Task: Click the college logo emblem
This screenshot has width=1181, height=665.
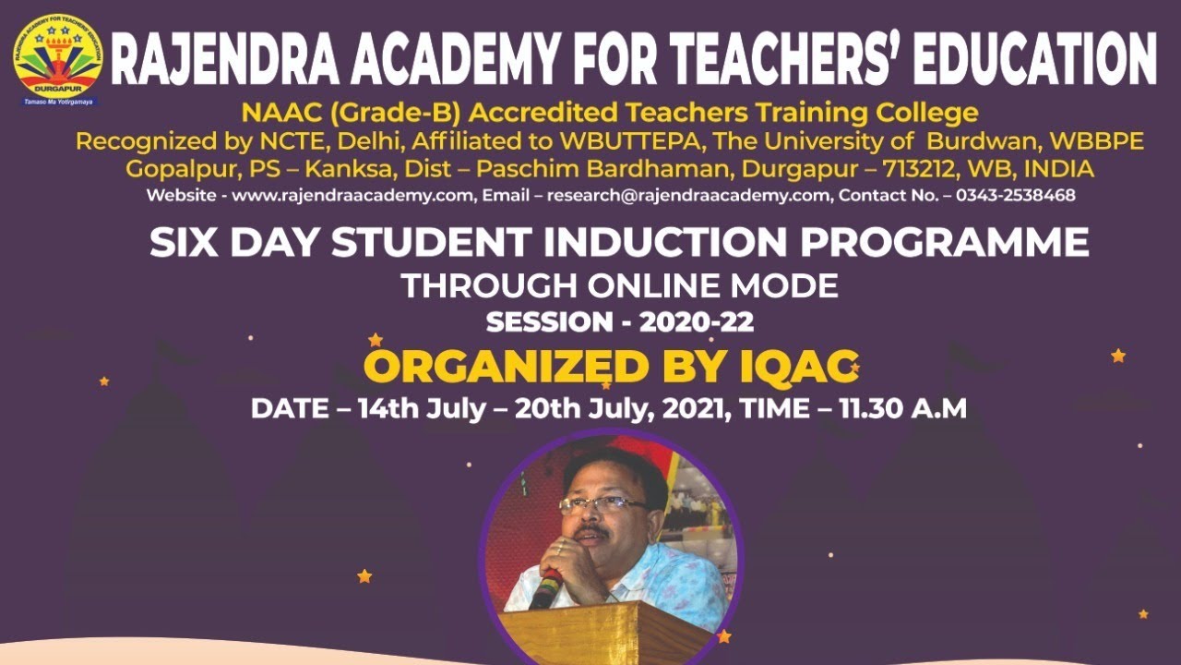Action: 57,54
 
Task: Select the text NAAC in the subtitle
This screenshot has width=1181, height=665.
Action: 274,114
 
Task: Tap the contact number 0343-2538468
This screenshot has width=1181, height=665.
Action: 1016,196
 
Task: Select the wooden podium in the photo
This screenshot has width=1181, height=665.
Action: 609,633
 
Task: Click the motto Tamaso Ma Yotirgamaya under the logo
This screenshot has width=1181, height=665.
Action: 58,102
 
